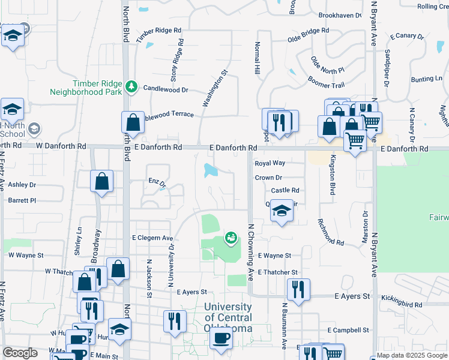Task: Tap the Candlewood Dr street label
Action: click(166, 89)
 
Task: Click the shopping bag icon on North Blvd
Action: click(133, 122)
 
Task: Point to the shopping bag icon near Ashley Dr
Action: click(102, 181)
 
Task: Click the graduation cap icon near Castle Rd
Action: click(281, 211)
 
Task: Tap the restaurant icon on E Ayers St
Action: click(298, 289)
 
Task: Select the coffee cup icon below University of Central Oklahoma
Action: click(220, 338)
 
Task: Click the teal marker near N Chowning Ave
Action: click(231, 239)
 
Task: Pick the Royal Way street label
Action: click(270, 163)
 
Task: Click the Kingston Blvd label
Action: click(331, 175)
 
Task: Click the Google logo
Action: click(20, 353)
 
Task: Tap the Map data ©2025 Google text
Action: click(412, 355)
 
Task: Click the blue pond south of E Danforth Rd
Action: click(211, 170)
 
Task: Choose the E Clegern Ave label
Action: click(152, 238)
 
